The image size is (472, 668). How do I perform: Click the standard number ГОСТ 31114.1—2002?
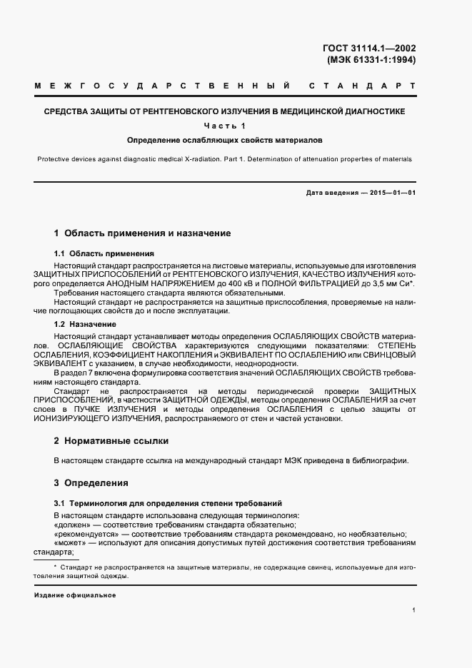pos(369,49)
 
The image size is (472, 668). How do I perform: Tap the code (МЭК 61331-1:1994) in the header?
pos(370,60)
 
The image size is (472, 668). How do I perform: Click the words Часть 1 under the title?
pos(224,126)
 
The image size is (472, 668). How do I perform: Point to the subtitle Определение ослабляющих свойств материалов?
pos(224,139)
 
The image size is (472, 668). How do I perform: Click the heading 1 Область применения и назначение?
pos(142,233)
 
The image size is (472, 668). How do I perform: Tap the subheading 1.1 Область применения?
pos(104,253)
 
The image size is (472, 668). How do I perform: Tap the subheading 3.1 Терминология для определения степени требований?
pos(168,503)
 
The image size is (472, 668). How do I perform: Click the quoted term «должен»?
pos(72,525)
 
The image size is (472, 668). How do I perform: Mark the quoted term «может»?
pos(70,543)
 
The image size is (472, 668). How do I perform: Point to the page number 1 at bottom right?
pos(413,610)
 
